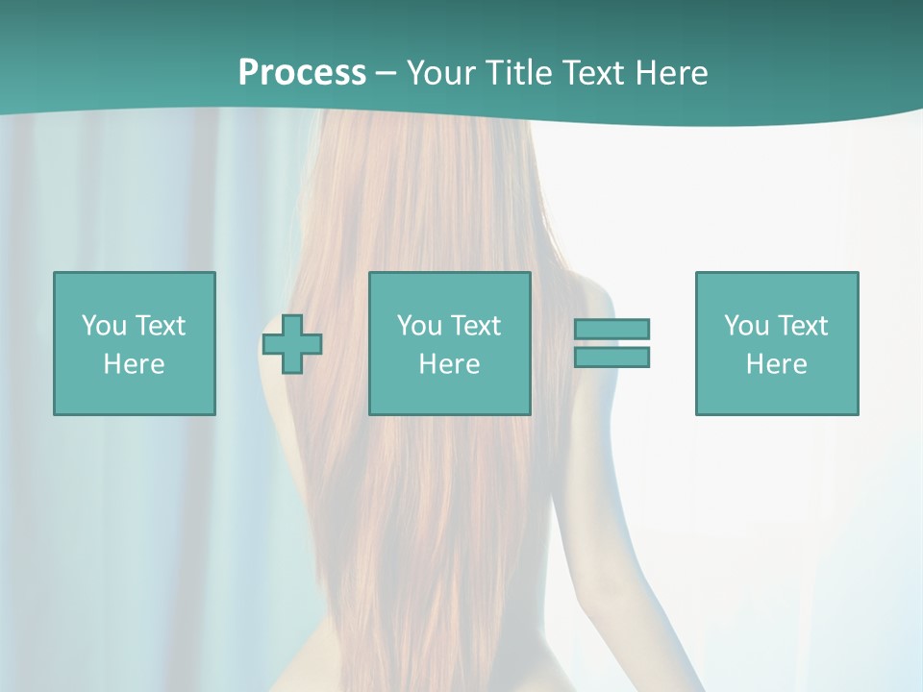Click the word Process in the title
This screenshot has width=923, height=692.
[302, 73]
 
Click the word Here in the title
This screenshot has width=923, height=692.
[672, 73]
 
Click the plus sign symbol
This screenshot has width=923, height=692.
[293, 343]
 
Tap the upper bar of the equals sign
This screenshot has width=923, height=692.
[611, 330]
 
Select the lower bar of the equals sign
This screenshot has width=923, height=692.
[611, 357]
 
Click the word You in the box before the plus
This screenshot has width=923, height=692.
[103, 326]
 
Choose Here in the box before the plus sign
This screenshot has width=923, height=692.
[135, 364]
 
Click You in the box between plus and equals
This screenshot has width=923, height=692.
[418, 326]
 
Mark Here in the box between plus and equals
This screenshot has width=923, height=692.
[450, 364]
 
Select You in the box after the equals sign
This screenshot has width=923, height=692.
[745, 326]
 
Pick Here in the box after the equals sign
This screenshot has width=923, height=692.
[777, 364]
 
